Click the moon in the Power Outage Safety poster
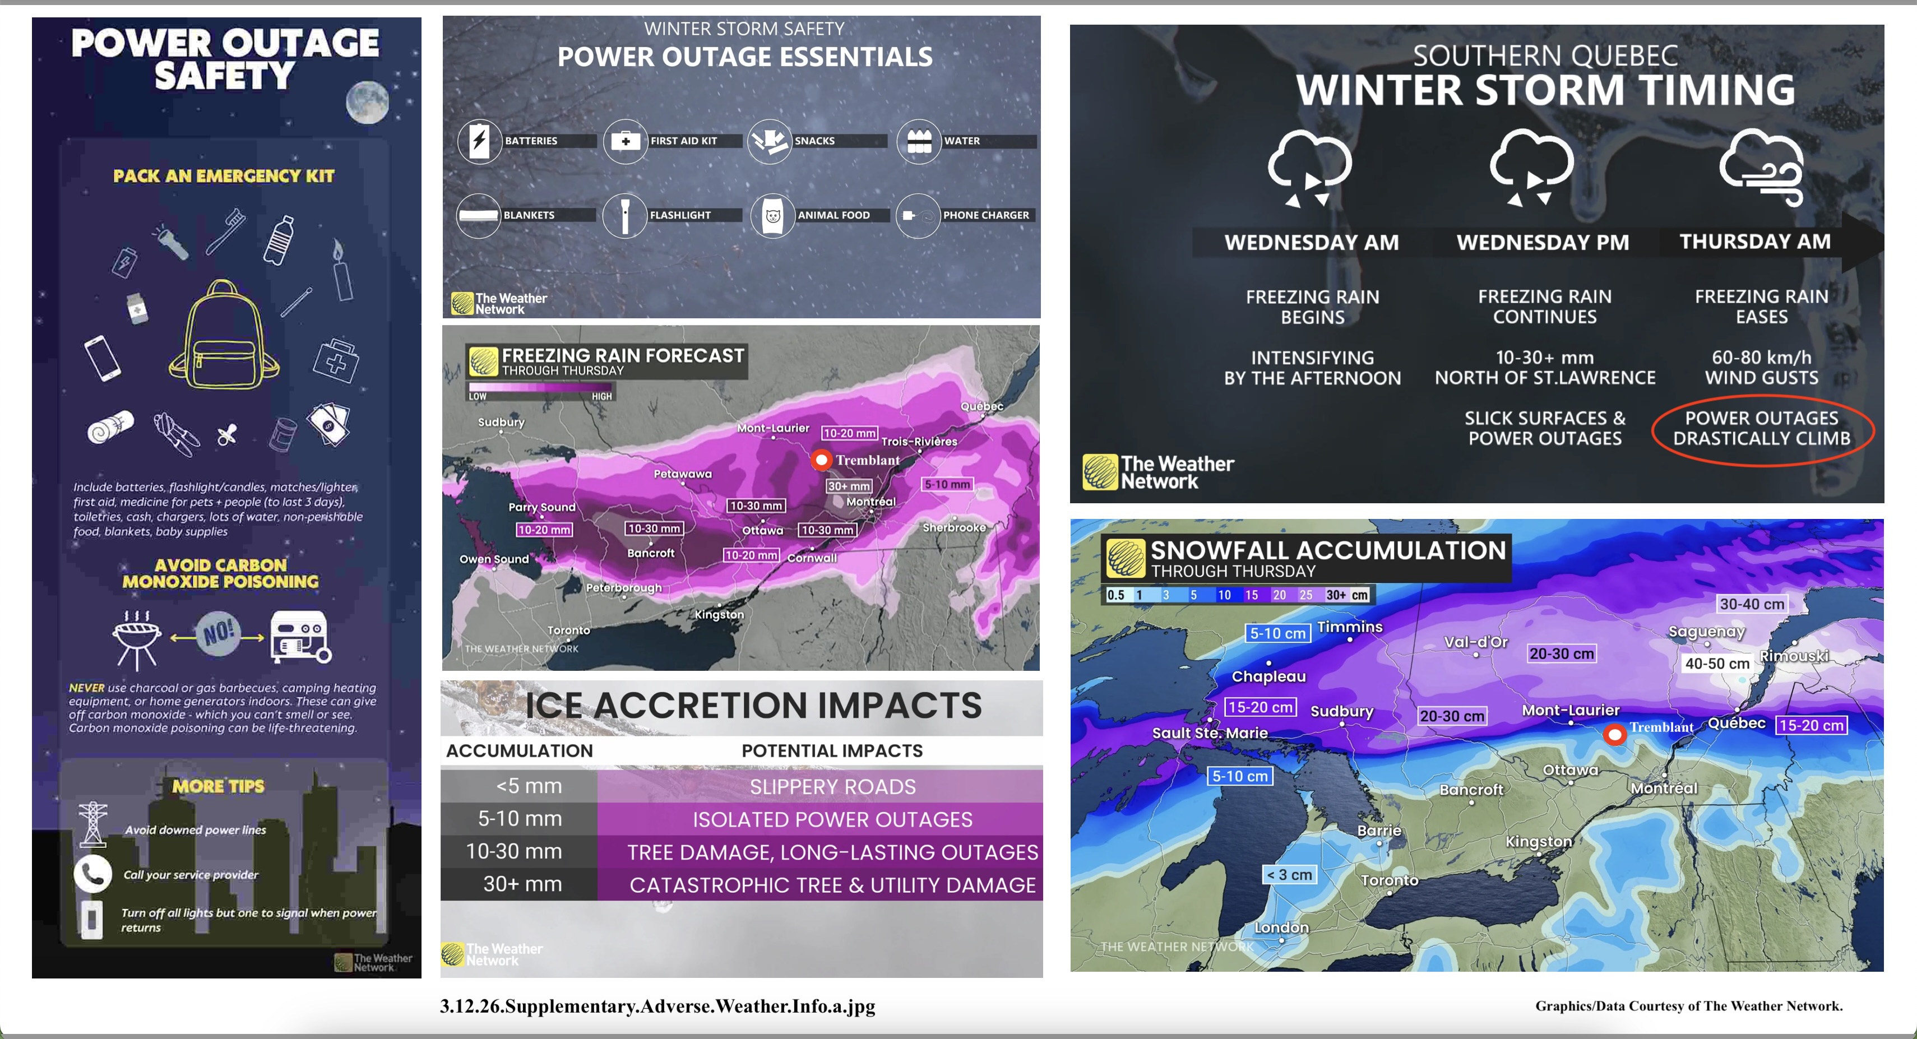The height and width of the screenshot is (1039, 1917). (368, 101)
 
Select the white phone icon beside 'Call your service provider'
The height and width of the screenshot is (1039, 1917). (92, 874)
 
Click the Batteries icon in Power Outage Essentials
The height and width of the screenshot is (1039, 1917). (479, 140)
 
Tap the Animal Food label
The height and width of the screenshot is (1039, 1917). (834, 215)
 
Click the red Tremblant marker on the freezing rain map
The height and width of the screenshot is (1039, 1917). (821, 460)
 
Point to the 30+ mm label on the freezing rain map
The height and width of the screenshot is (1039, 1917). (849, 486)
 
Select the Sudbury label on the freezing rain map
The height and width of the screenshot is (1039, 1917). (501, 422)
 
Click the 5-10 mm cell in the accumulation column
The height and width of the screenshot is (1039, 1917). (520, 819)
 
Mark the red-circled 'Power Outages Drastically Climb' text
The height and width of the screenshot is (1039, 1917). (1762, 429)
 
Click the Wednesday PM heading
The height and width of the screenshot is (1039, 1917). (1543, 243)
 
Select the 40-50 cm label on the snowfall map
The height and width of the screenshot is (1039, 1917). (1717, 663)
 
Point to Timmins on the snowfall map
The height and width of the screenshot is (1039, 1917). (1350, 628)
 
